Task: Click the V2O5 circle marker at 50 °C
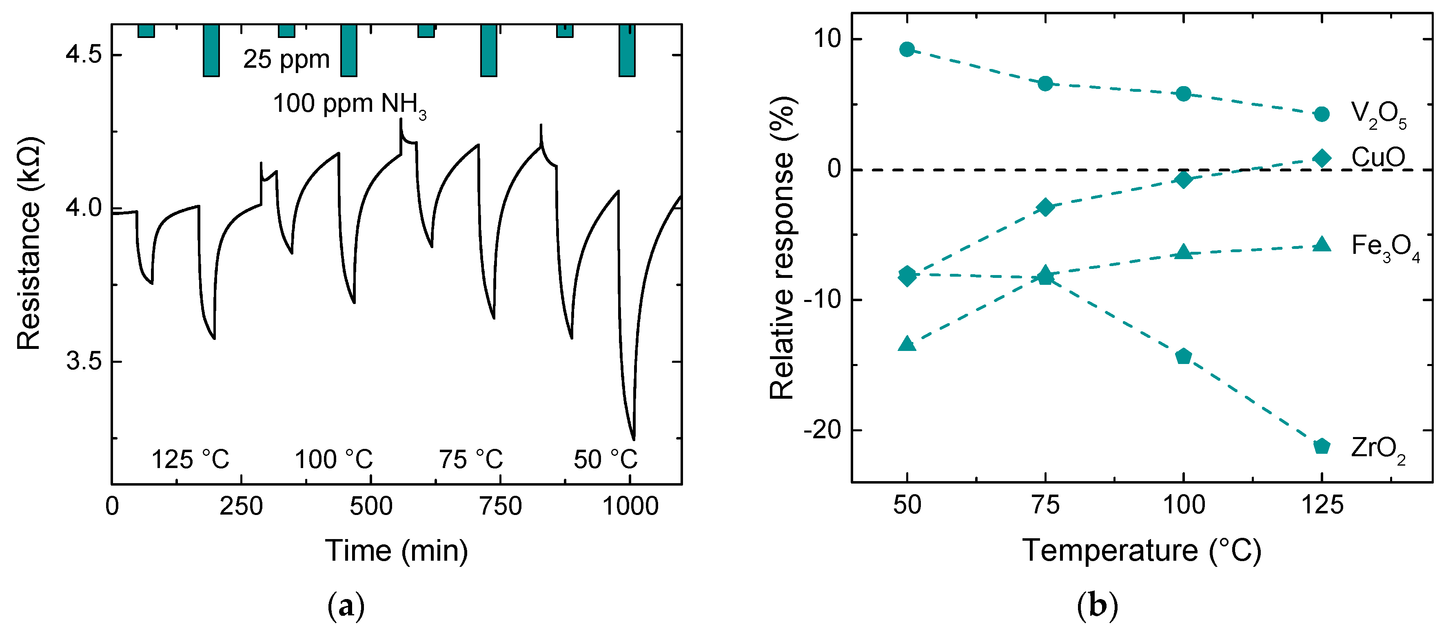(907, 49)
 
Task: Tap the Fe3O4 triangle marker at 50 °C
(907, 344)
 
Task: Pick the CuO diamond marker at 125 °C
(1322, 158)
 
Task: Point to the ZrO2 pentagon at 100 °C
(1183, 356)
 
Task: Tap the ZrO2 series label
(1378, 449)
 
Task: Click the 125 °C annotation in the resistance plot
(190, 459)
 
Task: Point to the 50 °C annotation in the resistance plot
(605, 459)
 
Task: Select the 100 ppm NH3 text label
(349, 105)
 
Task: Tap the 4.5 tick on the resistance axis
(83, 55)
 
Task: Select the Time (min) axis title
(396, 550)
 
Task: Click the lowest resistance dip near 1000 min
(634, 439)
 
